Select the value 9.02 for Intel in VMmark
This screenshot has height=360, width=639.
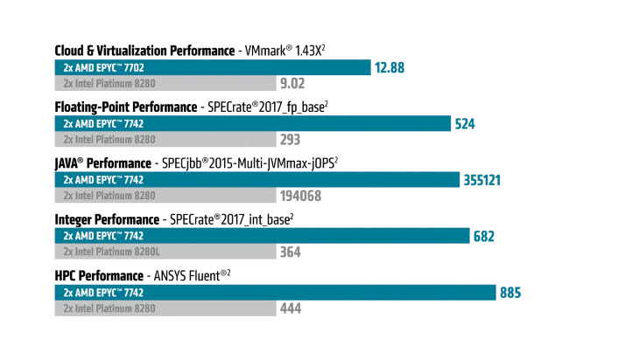(x=291, y=84)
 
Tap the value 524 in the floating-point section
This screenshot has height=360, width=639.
(x=465, y=124)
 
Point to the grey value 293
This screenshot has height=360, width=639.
(x=290, y=140)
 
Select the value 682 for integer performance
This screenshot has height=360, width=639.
(x=484, y=236)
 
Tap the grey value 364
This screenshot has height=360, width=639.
(x=290, y=252)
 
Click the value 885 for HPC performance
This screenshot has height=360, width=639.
(x=510, y=292)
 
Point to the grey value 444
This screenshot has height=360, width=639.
(x=290, y=308)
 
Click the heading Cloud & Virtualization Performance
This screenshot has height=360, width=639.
(x=144, y=51)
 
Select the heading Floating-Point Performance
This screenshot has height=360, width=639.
(x=125, y=107)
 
